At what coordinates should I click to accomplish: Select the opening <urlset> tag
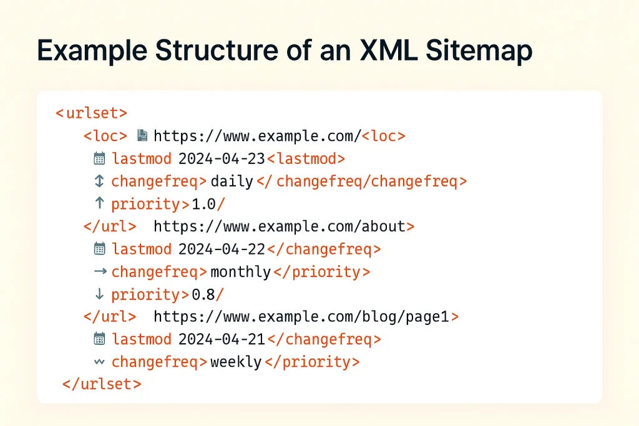[x=91, y=114]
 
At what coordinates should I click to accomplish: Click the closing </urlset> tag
[x=102, y=384]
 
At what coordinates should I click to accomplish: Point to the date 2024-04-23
[x=222, y=158]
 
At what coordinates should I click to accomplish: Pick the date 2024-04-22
[x=222, y=249]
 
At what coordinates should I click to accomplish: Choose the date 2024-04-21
[x=222, y=339]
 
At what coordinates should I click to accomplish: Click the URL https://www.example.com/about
[x=280, y=226]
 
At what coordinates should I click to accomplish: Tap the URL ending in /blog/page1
[x=301, y=317]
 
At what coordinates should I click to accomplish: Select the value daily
[x=232, y=182]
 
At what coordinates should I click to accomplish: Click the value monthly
[x=241, y=272]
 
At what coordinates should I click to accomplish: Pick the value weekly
[x=236, y=362]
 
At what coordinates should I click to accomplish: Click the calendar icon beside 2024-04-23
[x=99, y=158]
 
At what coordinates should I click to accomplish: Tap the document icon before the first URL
[x=142, y=135]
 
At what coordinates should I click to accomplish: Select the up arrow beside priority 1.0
[x=99, y=203]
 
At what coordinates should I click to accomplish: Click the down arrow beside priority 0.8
[x=99, y=294]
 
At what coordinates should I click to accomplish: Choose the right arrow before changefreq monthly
[x=99, y=271]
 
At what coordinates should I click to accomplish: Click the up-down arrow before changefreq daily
[x=99, y=181]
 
